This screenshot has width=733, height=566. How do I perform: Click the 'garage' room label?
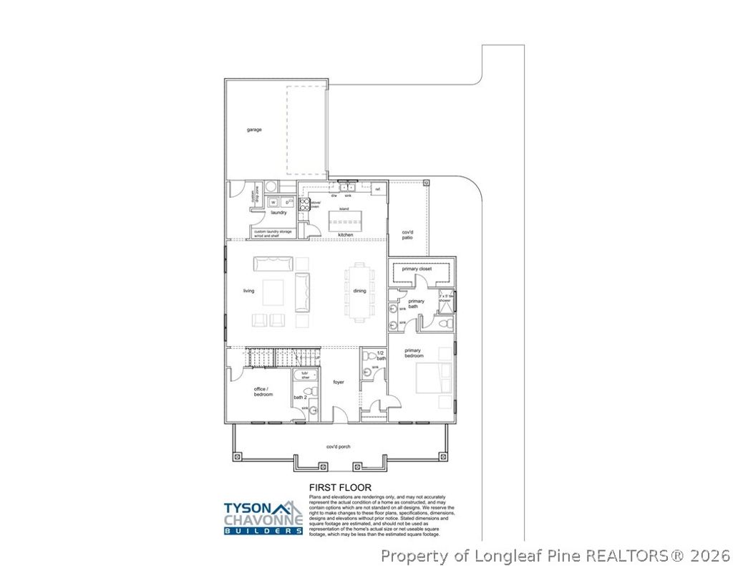click(254, 130)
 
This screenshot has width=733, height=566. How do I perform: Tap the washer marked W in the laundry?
click(273, 203)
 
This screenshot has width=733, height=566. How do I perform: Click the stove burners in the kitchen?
click(304, 203)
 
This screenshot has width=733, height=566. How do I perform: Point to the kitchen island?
click(344, 217)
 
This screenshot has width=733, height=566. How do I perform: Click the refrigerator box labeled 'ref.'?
click(378, 188)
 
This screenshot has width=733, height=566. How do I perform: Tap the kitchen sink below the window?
click(348, 188)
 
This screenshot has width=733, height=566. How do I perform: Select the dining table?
click(359, 291)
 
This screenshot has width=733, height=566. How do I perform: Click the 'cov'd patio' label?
click(407, 235)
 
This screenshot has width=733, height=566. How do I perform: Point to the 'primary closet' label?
click(419, 269)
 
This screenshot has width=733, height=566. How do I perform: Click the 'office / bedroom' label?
click(263, 391)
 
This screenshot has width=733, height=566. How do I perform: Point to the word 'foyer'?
click(339, 382)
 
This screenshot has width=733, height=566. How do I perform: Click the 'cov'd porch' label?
click(337, 446)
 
